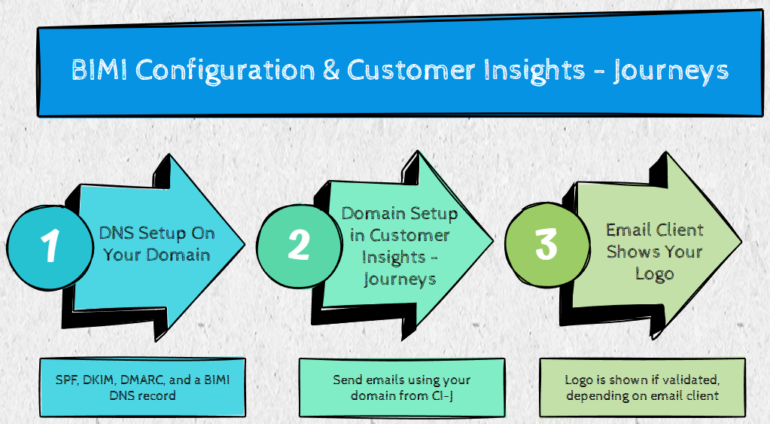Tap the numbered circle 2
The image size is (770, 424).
[298, 246]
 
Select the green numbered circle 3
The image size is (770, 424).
[546, 243]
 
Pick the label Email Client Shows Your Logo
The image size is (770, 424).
[654, 251]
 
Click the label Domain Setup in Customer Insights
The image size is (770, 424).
[400, 246]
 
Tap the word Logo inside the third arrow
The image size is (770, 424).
[654, 273]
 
